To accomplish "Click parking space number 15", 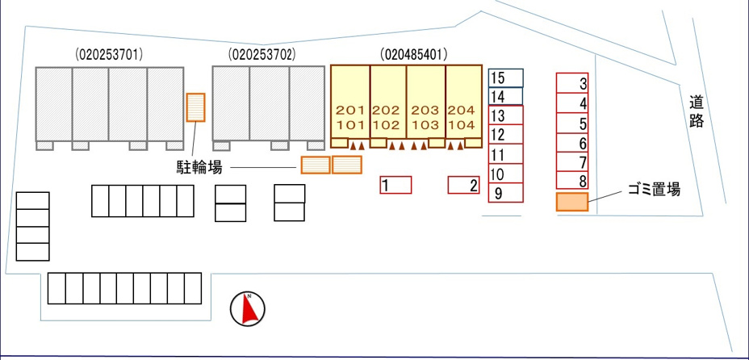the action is [x=506, y=77].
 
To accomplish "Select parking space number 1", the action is [x=395, y=185].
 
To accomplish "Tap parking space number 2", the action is [x=463, y=185].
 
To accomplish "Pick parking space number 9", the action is [x=506, y=193].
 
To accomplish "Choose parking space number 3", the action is [x=572, y=83].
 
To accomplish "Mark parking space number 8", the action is [x=572, y=181].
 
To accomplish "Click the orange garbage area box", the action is [x=571, y=202].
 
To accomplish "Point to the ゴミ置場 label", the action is [x=654, y=190].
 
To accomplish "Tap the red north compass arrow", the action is [x=248, y=309].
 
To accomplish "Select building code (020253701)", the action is [x=109, y=55].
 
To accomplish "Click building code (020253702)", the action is [x=262, y=55].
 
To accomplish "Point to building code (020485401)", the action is [x=414, y=55].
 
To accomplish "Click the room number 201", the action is [x=350, y=111].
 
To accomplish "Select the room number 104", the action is [x=462, y=125].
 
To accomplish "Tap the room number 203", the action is [x=425, y=111].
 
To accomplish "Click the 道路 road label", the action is [x=697, y=111].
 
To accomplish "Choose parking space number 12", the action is [x=506, y=135].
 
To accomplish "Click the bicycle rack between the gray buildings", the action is [x=195, y=107].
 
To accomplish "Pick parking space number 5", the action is [x=572, y=123].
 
